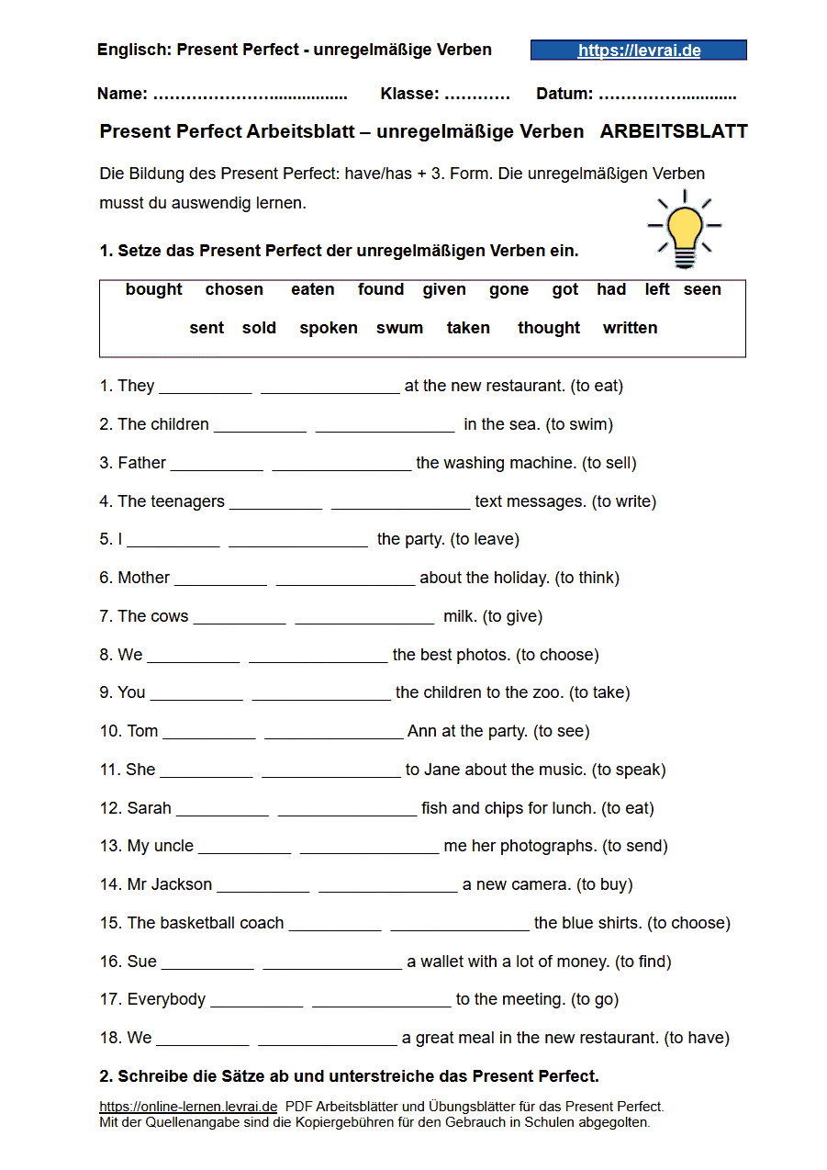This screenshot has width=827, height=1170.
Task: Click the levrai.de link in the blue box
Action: [639, 51]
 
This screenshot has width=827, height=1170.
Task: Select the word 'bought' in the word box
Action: [154, 289]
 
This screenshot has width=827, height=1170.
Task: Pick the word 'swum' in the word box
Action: [399, 328]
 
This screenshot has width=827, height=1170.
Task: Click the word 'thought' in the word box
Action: [549, 328]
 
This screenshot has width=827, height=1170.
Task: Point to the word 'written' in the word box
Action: [630, 328]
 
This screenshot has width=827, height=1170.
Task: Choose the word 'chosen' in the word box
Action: [234, 289]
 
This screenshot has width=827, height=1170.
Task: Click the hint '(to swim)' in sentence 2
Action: [579, 424]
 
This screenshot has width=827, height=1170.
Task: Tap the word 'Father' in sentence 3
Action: [141, 463]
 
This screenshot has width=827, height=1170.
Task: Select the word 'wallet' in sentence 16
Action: [444, 962]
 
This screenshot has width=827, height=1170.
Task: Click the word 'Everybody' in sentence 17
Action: [166, 999]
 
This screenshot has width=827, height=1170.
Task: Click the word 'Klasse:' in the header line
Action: [409, 94]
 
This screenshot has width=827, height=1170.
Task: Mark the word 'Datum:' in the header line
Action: [564, 94]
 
